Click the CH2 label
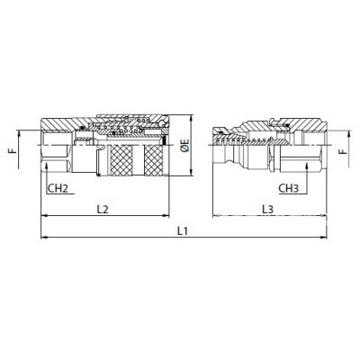click(x=58, y=188)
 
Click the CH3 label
click(x=289, y=188)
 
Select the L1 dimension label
click(x=183, y=231)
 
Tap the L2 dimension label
click(x=103, y=209)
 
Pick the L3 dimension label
click(x=268, y=209)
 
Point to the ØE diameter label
click(x=185, y=145)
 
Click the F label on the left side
click(x=12, y=149)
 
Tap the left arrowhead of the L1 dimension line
click(x=44, y=238)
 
